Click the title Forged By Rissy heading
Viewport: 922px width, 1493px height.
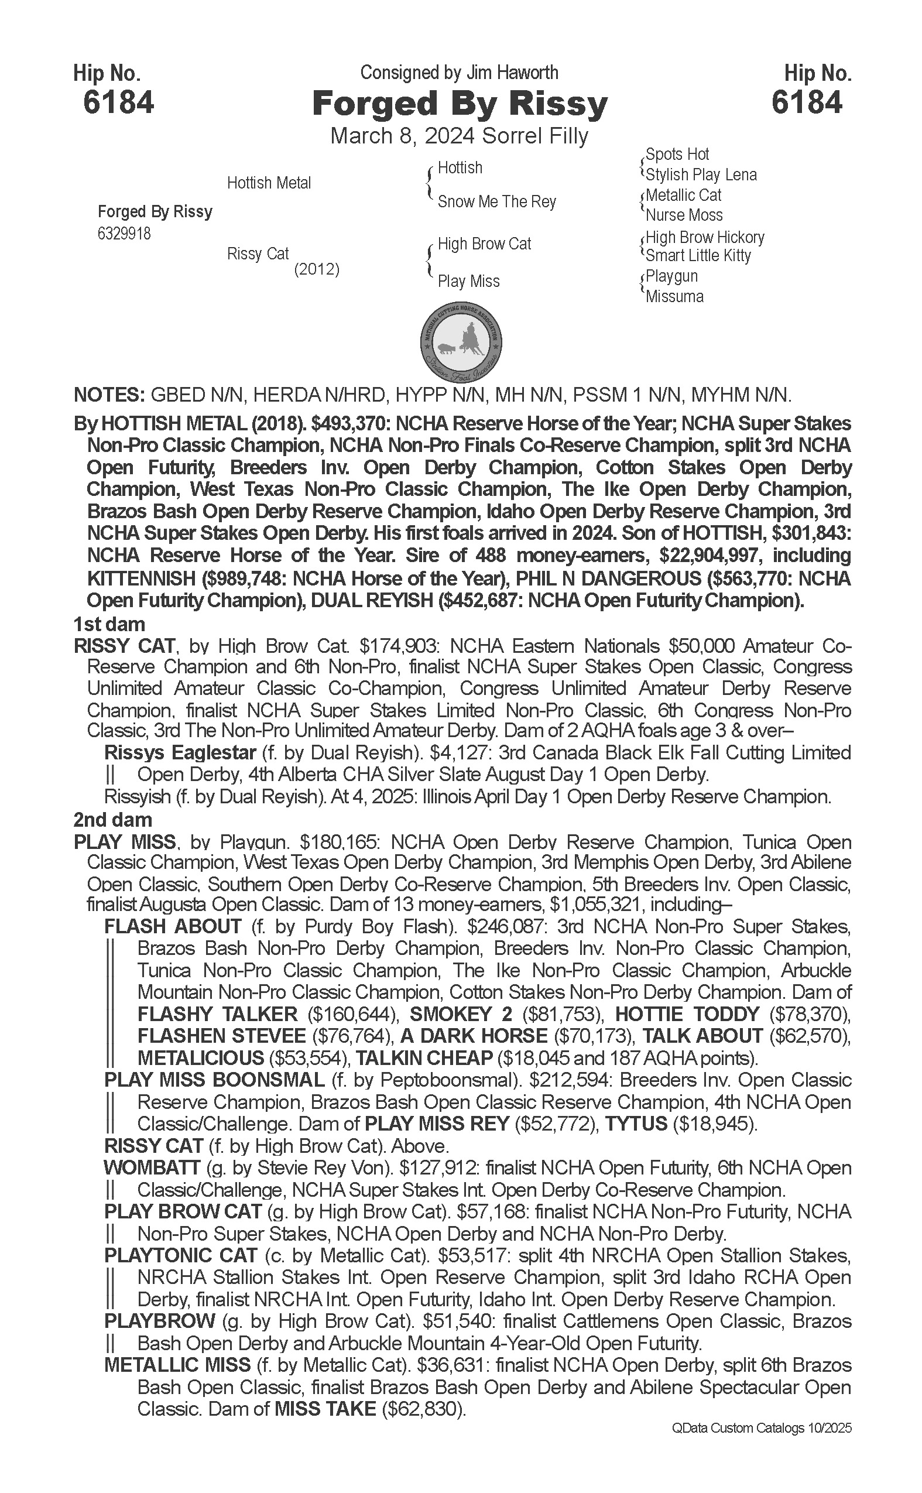(x=460, y=104)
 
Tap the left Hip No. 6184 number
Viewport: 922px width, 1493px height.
(x=118, y=102)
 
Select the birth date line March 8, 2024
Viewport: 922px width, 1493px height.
(x=458, y=135)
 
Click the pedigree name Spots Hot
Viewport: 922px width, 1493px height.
(x=677, y=155)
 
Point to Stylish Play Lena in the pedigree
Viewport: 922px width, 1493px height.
(x=701, y=174)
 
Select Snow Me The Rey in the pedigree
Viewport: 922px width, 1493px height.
(x=496, y=201)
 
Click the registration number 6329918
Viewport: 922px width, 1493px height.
(x=124, y=234)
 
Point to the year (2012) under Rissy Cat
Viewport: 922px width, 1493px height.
(x=317, y=269)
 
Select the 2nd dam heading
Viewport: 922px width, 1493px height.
(x=113, y=819)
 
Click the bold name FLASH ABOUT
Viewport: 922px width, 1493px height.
(x=173, y=926)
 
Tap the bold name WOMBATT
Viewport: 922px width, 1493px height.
(x=152, y=1168)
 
